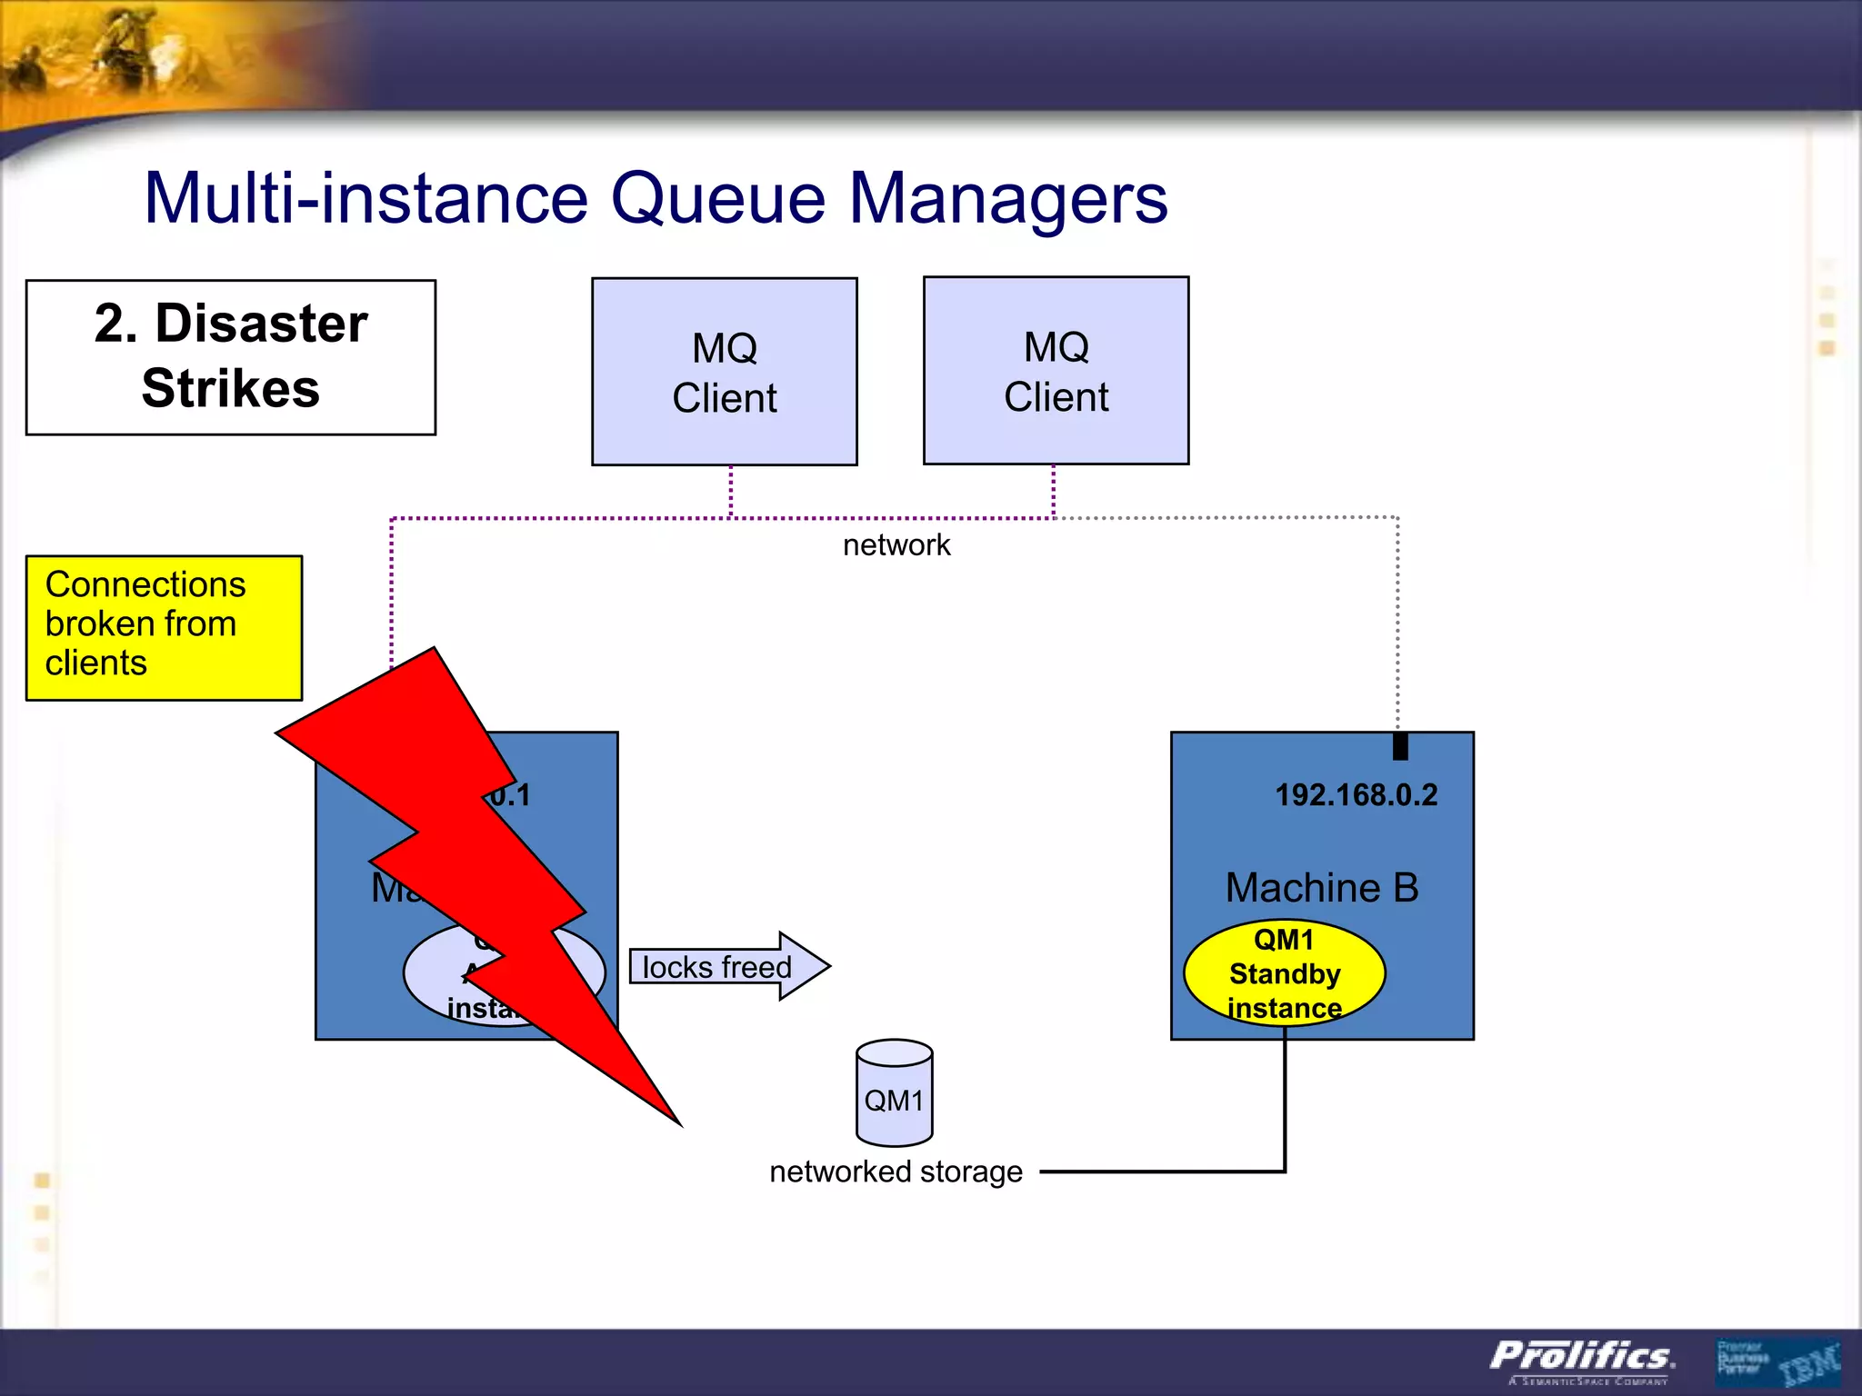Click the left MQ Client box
[724, 372]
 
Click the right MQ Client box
[1056, 371]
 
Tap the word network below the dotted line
[896, 545]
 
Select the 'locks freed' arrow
[727, 966]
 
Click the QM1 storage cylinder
[894, 1093]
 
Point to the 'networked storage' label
[896, 1172]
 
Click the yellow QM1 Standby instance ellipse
[1284, 973]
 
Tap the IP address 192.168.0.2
[1356, 795]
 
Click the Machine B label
[1321, 888]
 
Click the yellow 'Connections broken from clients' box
[164, 627]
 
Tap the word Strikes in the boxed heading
[231, 389]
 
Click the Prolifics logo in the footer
[1582, 1357]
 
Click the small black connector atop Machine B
[1400, 745]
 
